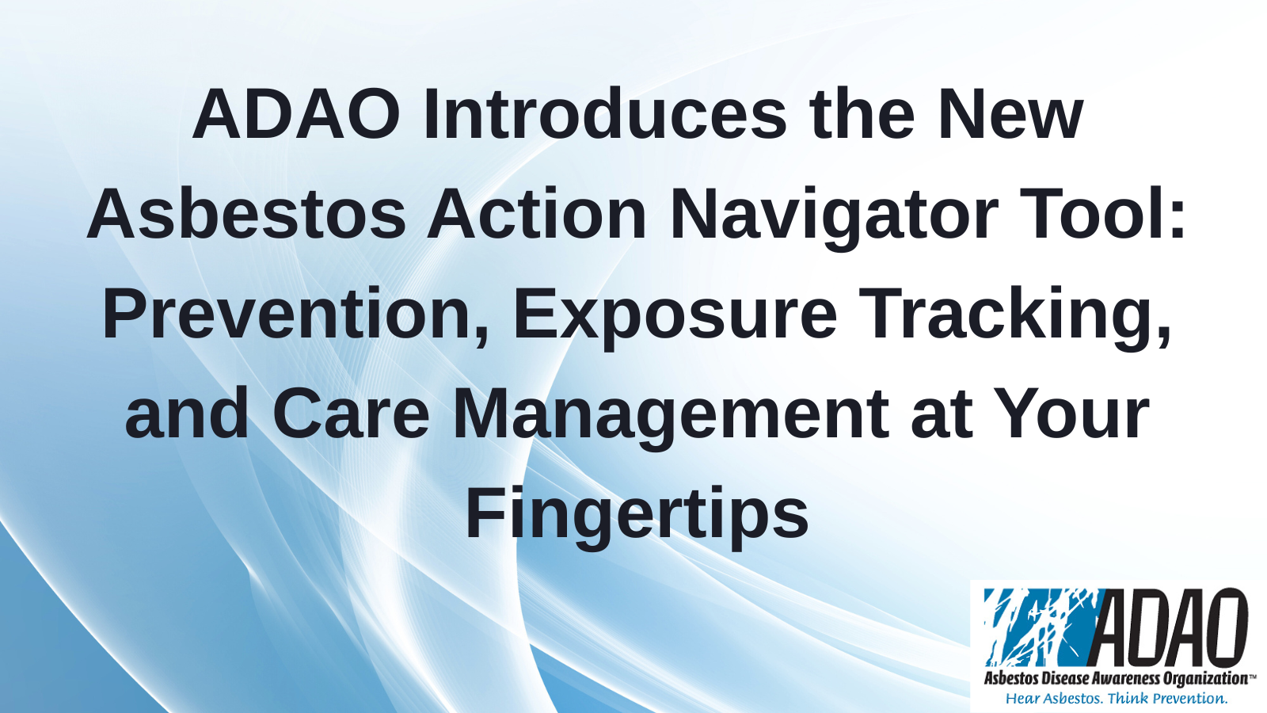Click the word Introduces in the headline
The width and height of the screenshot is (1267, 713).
coord(605,114)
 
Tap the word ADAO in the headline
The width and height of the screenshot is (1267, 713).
coord(297,114)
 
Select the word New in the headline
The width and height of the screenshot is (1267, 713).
coord(1010,114)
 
